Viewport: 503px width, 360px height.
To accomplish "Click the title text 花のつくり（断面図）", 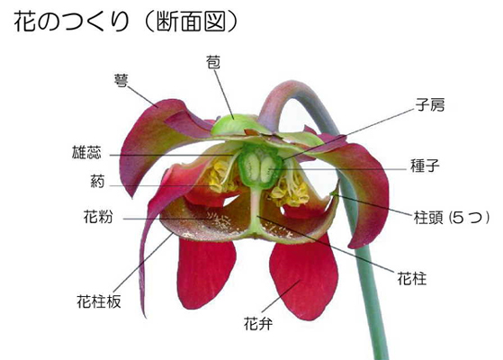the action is [x=126, y=22].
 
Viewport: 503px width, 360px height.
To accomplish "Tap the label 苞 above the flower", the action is [x=213, y=62].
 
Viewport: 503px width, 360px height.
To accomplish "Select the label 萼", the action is [x=121, y=81].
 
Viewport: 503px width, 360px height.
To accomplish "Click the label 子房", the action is [x=430, y=104].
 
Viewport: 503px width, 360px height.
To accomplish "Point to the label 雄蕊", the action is [x=86, y=152].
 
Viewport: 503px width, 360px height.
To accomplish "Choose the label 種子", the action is [x=425, y=166].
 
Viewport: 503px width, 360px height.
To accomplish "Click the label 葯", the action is [x=97, y=182].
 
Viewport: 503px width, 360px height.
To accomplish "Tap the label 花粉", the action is [x=98, y=217].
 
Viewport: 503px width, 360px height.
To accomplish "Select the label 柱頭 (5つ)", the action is [x=452, y=218].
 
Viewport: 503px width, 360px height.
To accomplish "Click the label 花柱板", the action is [x=99, y=301].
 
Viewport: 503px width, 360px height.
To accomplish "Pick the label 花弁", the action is [x=258, y=323].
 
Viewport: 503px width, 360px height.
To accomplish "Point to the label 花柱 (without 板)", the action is [x=412, y=278].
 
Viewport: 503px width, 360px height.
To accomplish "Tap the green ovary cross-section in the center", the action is [x=259, y=166].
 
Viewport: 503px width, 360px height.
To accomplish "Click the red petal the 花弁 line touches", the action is [x=303, y=277].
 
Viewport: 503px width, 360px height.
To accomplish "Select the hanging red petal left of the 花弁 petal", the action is [x=206, y=273].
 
